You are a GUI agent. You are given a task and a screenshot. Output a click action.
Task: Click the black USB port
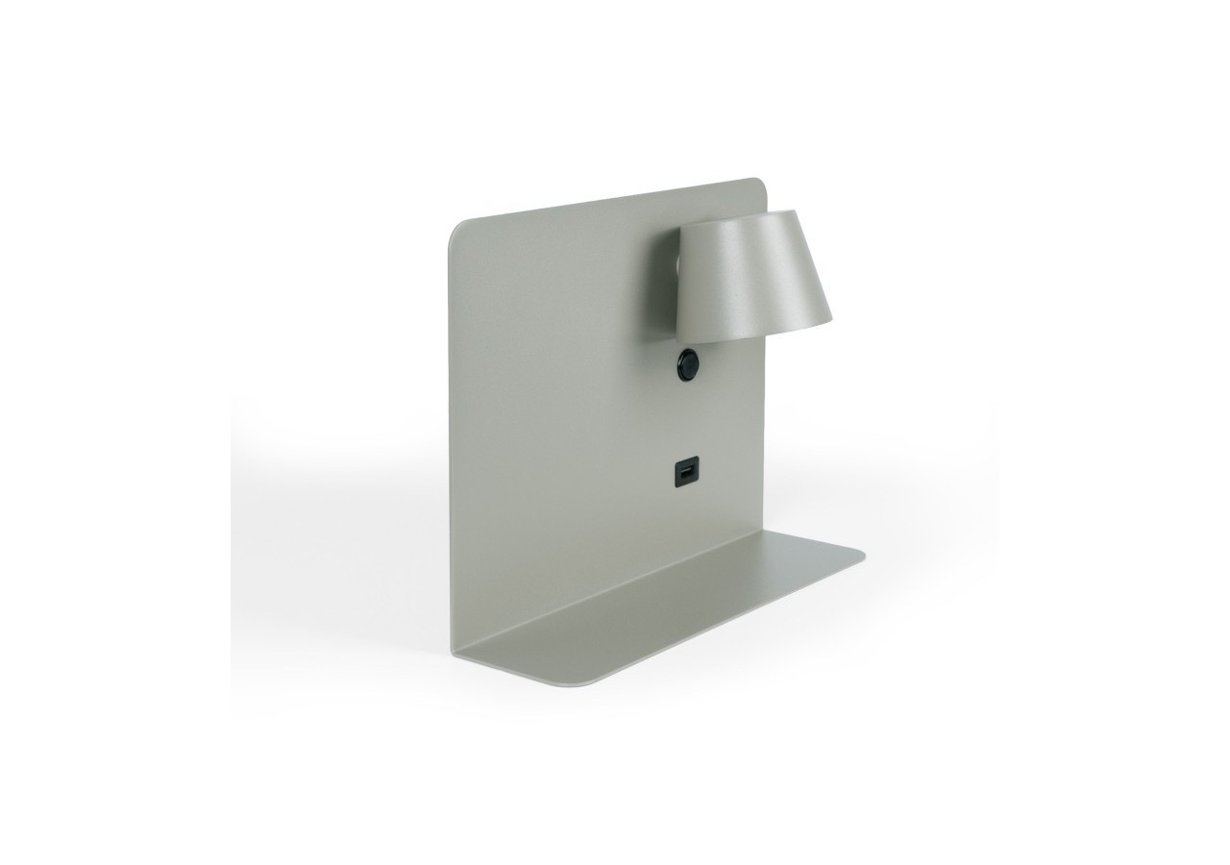coord(685,474)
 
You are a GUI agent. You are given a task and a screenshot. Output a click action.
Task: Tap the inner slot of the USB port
coord(685,474)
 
